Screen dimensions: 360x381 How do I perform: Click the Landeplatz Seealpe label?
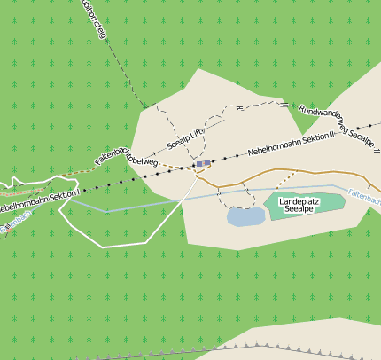(299, 205)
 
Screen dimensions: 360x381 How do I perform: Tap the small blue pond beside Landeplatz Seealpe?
(245, 215)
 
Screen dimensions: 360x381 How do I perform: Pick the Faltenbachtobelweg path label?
(125, 153)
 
